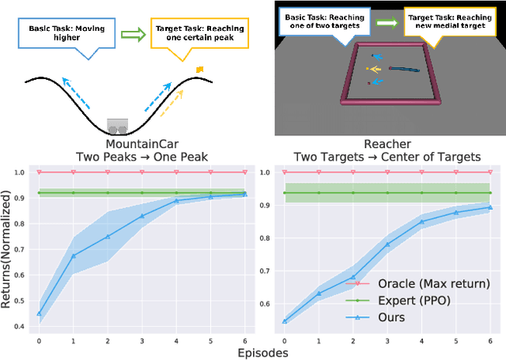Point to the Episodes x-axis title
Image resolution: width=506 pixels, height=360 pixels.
coord(263,351)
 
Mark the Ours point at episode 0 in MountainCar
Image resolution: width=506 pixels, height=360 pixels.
coord(39,313)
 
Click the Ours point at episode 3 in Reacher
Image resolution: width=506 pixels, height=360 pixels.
coord(387,244)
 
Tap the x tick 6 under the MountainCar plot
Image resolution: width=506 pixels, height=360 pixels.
coord(245,342)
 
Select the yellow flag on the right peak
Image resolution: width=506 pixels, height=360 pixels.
coord(199,69)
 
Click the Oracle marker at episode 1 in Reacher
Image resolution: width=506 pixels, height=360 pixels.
coord(319,172)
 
